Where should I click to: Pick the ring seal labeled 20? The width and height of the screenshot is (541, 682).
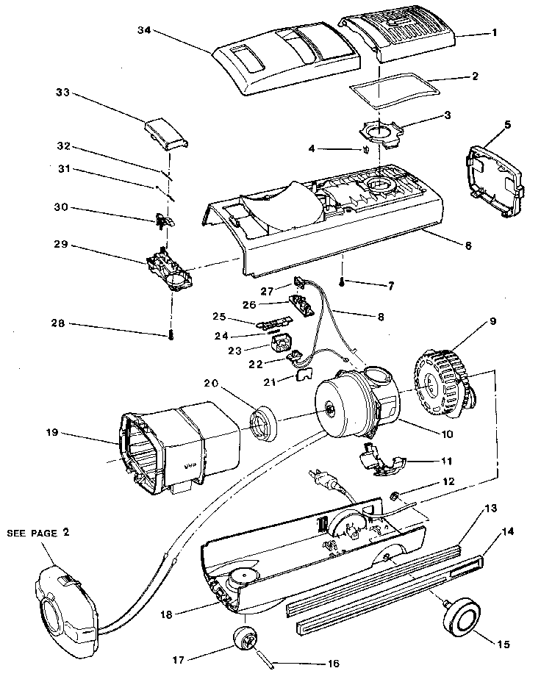click(264, 426)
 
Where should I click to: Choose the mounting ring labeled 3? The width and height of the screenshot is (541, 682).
click(381, 132)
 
